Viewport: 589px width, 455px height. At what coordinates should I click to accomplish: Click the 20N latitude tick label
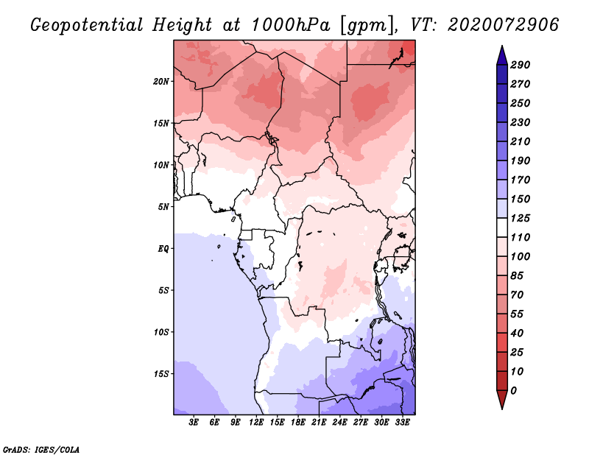point(161,81)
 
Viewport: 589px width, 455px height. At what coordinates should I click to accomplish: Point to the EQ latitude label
point(163,248)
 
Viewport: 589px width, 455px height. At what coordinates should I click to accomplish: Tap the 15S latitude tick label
point(161,373)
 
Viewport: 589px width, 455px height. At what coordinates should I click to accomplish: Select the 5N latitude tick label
point(163,206)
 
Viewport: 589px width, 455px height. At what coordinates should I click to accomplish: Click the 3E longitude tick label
point(194,423)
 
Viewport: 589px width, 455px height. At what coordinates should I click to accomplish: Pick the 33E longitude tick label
point(402,423)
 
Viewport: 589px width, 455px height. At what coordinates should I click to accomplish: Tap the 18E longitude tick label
point(298,423)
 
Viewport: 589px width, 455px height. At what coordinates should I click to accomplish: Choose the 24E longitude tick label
point(339,423)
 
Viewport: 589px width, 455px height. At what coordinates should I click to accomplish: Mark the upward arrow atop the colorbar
point(501,54)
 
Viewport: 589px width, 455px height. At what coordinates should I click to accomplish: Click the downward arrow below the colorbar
point(501,400)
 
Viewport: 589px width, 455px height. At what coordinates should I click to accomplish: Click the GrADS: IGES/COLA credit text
point(40,448)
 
